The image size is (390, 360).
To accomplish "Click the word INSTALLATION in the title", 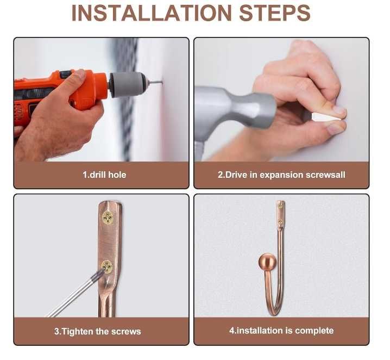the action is [152, 13].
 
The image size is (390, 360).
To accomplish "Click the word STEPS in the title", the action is [275, 13].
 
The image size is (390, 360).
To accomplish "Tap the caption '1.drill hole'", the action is [104, 175].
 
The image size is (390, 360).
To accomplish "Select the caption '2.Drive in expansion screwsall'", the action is [281, 175].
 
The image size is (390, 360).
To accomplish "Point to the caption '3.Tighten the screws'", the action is [98, 331].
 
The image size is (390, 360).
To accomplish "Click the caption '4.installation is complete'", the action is [281, 331].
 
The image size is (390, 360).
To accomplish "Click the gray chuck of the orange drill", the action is [127, 84].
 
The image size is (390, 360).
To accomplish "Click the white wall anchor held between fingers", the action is [326, 117].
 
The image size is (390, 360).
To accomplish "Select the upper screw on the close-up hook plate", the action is [108, 218].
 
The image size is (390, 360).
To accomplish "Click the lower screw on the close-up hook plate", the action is [107, 267].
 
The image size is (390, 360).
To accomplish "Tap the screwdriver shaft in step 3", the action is [74, 294].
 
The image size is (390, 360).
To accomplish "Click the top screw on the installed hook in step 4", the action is [281, 206].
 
